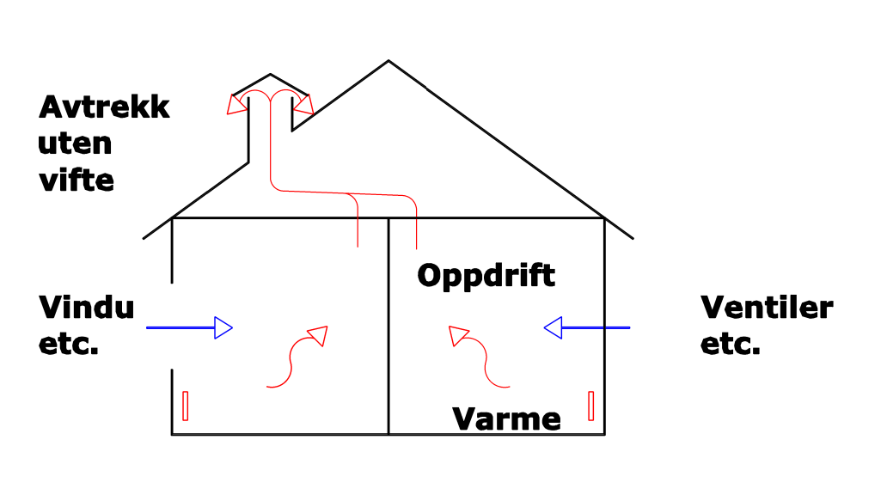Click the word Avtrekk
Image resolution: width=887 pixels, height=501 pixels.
104,107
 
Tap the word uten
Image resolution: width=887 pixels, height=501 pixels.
75,143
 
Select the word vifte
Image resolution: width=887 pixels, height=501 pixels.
76,180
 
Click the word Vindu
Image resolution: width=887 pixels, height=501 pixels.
86,307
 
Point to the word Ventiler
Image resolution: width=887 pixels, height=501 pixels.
767,307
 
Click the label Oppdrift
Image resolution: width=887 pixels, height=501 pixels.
486,276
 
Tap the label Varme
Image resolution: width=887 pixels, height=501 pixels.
507,419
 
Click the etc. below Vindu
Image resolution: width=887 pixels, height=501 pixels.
69,345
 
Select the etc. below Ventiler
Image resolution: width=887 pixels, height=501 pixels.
731,345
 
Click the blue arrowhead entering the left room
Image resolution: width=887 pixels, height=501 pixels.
223,327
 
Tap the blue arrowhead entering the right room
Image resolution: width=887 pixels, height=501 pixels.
554,327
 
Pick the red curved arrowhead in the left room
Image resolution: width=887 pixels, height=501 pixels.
318,335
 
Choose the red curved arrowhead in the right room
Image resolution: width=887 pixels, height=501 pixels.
459,335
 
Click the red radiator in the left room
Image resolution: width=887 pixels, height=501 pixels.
185,406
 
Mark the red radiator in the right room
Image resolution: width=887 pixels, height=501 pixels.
591,406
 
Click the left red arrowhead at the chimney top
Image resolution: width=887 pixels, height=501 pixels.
235,105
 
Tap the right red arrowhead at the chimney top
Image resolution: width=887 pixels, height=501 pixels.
304,105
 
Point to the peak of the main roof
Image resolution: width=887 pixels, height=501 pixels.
388,61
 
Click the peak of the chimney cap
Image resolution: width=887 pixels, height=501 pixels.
271,75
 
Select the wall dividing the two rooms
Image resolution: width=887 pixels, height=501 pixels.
388,327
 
